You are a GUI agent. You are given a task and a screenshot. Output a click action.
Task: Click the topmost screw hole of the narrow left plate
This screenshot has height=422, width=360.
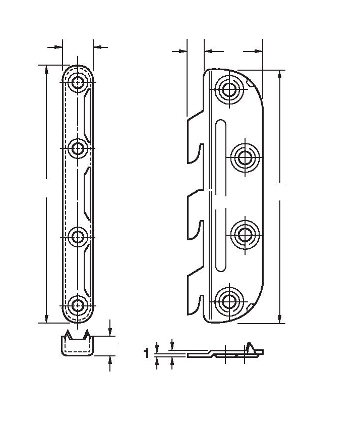(x=78, y=82)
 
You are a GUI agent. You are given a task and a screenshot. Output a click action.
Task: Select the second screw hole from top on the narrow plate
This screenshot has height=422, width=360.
(x=78, y=148)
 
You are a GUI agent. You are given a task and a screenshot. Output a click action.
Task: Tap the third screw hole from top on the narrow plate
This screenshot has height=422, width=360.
(x=78, y=237)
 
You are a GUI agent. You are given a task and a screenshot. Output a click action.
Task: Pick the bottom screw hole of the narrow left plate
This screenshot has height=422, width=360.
(x=78, y=305)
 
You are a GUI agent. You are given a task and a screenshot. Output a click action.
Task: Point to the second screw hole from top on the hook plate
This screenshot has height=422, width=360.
(x=245, y=157)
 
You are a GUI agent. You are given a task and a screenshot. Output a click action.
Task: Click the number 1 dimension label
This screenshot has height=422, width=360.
(x=147, y=353)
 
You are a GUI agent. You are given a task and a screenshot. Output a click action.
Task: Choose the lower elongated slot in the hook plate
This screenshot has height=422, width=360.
(x=221, y=240)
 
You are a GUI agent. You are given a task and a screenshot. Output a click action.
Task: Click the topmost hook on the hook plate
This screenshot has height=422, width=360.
(x=196, y=137)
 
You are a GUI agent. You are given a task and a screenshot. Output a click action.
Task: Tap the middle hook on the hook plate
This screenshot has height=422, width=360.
(x=196, y=214)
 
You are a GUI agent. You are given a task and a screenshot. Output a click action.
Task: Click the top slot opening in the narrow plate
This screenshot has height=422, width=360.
(x=87, y=116)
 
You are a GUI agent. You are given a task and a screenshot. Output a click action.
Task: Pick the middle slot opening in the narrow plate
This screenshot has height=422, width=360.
(x=87, y=194)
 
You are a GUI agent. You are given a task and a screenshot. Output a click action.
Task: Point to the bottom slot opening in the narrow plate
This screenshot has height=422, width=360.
(x=87, y=271)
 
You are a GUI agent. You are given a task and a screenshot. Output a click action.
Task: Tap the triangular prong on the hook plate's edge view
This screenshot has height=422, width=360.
(x=251, y=347)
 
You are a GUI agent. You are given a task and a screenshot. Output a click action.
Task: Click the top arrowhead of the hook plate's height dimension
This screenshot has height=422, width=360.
(x=280, y=74)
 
